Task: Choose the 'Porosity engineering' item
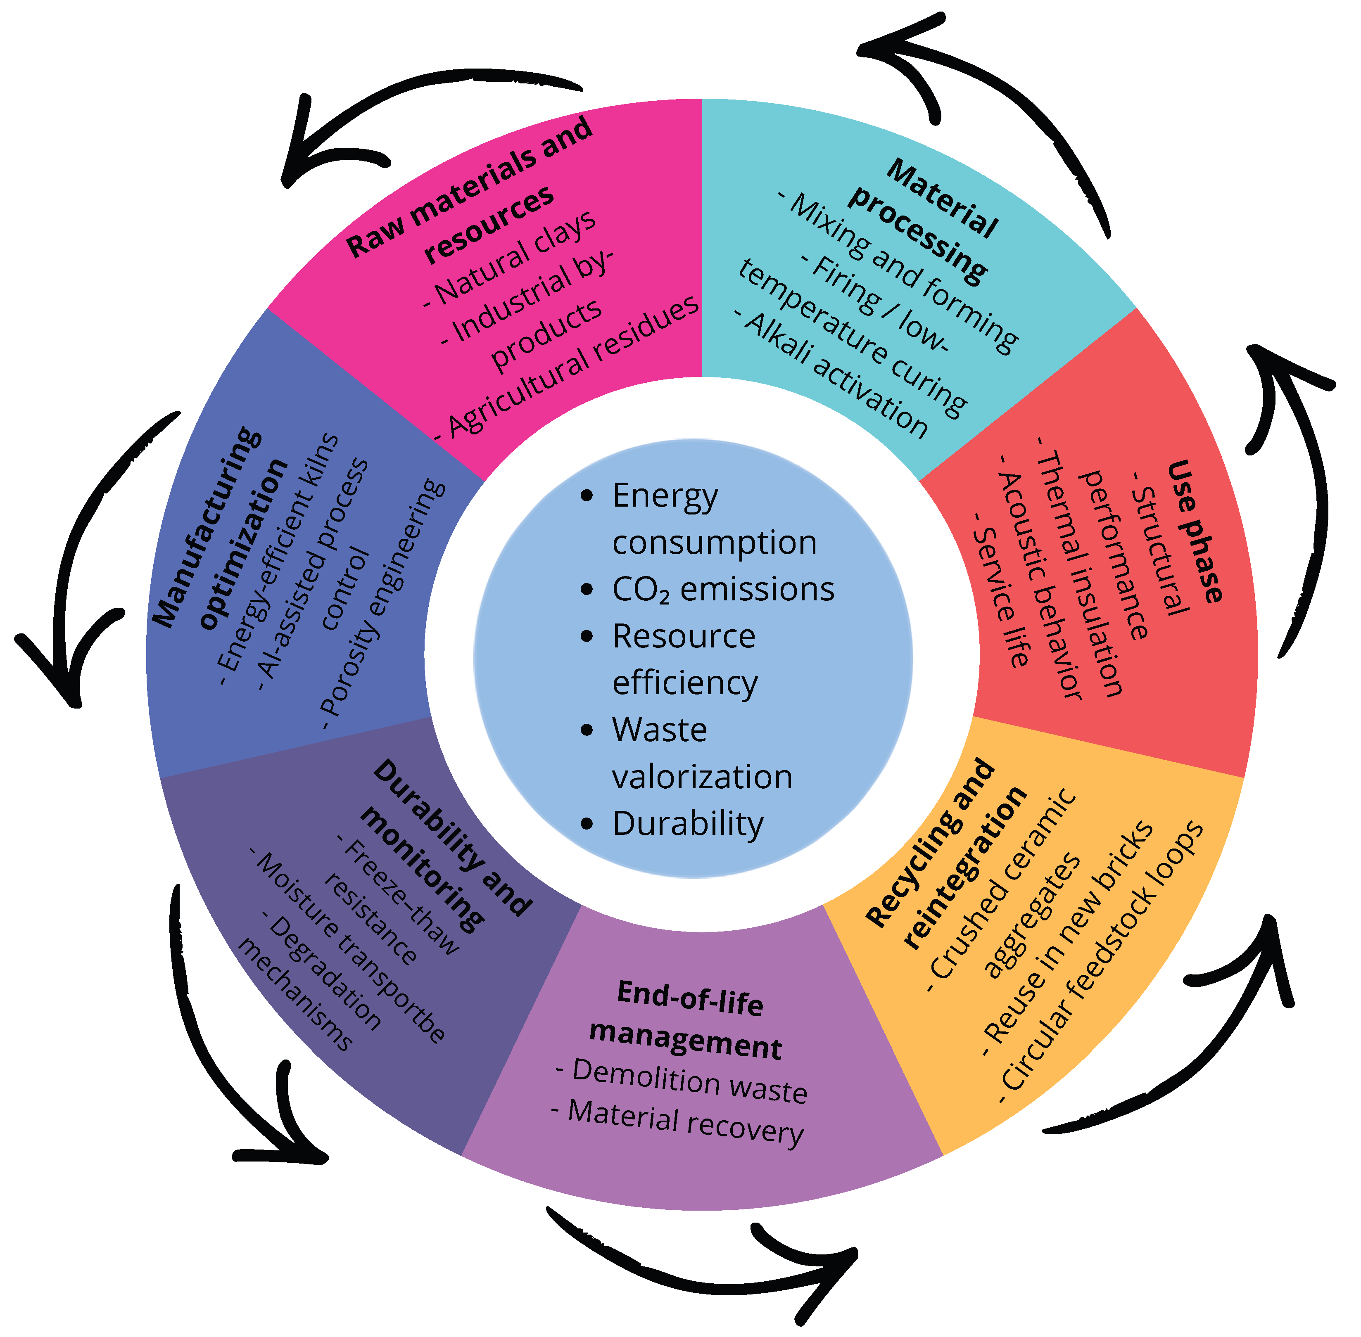click(x=383, y=604)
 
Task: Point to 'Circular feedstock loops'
click(x=1102, y=962)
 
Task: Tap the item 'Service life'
click(x=1001, y=597)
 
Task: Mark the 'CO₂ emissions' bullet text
click(x=723, y=590)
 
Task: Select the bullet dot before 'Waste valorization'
click(x=587, y=731)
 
